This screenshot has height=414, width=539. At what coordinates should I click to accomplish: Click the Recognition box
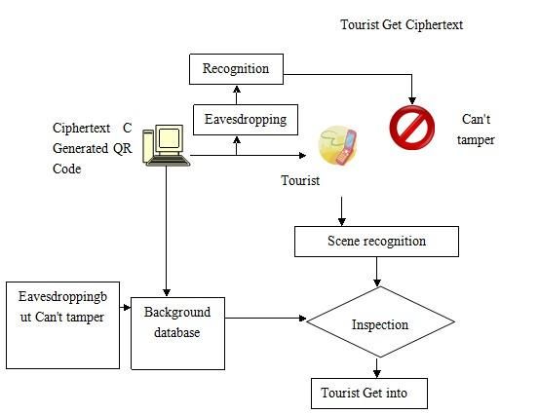pyautogui.click(x=236, y=69)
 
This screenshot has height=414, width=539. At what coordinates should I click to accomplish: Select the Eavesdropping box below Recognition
pyautogui.click(x=246, y=120)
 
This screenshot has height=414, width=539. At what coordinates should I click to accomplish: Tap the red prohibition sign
pyautogui.click(x=412, y=128)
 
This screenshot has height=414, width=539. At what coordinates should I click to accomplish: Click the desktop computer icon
pyautogui.click(x=166, y=146)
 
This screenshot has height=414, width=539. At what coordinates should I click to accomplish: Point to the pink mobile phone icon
pyautogui.click(x=346, y=147)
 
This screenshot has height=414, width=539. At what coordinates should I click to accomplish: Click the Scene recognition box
pyautogui.click(x=376, y=242)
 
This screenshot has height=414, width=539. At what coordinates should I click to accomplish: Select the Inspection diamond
pyautogui.click(x=380, y=321)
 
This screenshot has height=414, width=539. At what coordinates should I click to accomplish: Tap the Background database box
pyautogui.click(x=177, y=333)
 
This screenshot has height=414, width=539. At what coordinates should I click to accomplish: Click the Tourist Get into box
pyautogui.click(x=369, y=394)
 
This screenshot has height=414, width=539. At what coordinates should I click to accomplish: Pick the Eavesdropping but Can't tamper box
pyautogui.click(x=63, y=325)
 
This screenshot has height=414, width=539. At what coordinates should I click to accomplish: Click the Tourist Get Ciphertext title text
pyautogui.click(x=402, y=25)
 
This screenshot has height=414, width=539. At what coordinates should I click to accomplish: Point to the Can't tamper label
pyautogui.click(x=476, y=130)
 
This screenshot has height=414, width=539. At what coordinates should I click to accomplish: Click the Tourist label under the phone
pyautogui.click(x=300, y=180)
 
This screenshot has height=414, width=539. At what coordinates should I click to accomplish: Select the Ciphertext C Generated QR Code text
pyautogui.click(x=93, y=148)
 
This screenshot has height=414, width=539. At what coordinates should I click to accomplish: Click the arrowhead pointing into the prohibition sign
pyautogui.click(x=412, y=100)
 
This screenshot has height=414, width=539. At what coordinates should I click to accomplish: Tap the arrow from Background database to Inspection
pyautogui.click(x=265, y=319)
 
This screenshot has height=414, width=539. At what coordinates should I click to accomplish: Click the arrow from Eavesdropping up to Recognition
pyautogui.click(x=237, y=94)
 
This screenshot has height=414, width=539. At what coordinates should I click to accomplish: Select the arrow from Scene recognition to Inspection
pyautogui.click(x=377, y=272)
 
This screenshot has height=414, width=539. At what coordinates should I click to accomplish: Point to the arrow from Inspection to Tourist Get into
pyautogui.click(x=377, y=368)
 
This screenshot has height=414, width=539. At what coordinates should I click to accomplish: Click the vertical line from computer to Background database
pyautogui.click(x=166, y=231)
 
